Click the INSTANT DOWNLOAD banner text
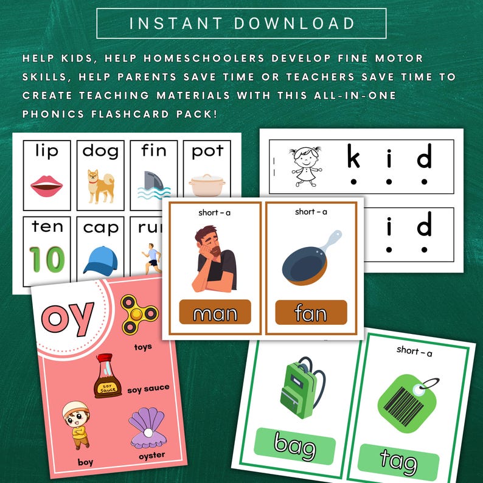pos(241,24)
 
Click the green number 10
pos(47,259)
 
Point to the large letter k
pos(353,158)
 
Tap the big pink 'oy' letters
pos(68,317)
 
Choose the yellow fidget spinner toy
pos(139,314)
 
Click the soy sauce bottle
pos(107,377)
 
